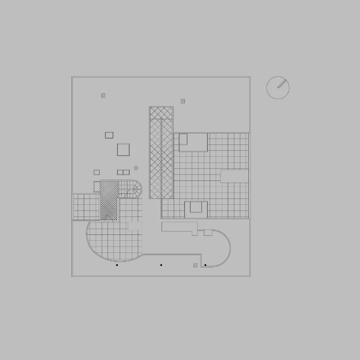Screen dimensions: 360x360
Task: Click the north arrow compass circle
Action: pos(278,88)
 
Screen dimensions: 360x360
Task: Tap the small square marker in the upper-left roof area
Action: pos(103,95)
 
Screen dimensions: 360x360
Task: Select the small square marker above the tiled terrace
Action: pos(183,101)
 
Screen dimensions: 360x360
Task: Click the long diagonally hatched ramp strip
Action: pos(161,153)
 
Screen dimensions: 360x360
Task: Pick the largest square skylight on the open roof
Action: pos(123,149)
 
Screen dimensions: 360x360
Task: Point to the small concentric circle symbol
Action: pos(136,168)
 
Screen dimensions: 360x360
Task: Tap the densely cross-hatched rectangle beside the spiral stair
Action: pos(109,200)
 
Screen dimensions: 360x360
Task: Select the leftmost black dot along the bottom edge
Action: pos(117,265)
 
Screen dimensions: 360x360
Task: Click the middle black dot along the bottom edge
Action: pos(161,265)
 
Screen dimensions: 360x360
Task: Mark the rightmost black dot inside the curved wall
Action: pos(205,265)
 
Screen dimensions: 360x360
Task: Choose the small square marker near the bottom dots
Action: pos(195,265)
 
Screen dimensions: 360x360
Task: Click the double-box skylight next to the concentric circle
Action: pos(123,172)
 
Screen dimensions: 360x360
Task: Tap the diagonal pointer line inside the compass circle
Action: pos(282,84)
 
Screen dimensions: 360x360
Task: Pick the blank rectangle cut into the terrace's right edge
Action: pos(234,176)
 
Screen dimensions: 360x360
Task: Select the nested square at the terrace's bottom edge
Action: pos(196,207)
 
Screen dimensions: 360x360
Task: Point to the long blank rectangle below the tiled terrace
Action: pos(179,227)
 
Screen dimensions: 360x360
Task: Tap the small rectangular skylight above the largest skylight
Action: pos(109,135)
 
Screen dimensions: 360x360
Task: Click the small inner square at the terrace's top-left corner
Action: pos(183,139)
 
